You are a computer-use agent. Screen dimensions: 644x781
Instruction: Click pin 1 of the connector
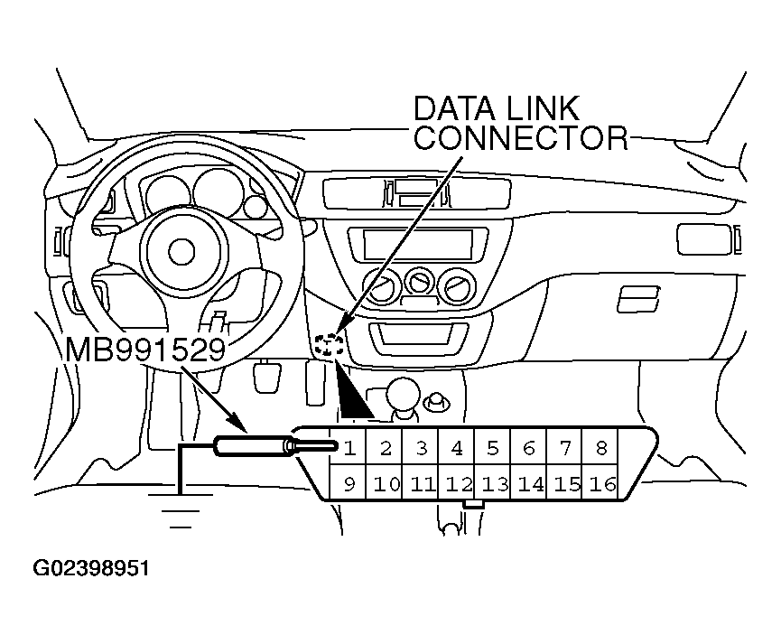[349, 447]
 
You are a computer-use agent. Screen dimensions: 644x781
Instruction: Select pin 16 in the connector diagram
[602, 484]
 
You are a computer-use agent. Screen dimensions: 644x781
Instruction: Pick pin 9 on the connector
[349, 484]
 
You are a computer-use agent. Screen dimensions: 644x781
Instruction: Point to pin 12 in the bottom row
[459, 484]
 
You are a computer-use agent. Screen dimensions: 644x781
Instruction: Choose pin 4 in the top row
[457, 447]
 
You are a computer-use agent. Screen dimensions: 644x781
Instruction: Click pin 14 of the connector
[531, 484]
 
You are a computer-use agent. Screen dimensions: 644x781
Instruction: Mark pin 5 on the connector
[493, 447]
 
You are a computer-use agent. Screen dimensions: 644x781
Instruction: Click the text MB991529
[144, 349]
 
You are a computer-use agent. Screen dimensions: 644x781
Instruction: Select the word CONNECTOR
[520, 137]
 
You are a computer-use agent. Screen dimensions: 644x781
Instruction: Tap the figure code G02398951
[91, 569]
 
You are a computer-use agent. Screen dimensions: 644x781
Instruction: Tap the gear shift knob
[404, 395]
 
